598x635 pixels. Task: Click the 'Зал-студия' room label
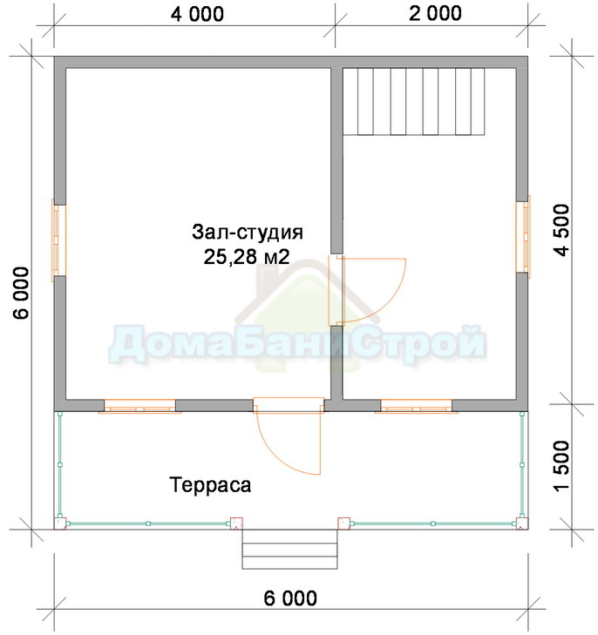point(248,233)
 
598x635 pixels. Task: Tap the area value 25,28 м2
point(247,256)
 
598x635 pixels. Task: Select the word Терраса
point(210,485)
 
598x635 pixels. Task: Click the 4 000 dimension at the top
point(197,14)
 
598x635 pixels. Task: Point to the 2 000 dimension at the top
point(435,13)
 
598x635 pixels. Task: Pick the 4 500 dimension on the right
point(563,230)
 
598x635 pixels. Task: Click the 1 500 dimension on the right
point(563,467)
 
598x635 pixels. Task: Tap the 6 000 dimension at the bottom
point(290,598)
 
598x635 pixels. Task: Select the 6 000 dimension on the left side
point(22,293)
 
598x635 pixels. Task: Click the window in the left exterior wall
point(58,240)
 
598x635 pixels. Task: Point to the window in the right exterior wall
point(523,237)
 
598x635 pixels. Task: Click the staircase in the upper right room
point(414,101)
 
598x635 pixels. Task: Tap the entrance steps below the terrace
point(289,549)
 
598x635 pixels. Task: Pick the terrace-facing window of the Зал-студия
point(139,406)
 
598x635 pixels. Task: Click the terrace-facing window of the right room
point(416,406)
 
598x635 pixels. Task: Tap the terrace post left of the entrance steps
point(236,524)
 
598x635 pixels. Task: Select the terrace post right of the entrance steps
point(344,524)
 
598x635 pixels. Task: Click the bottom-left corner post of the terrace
point(60,524)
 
